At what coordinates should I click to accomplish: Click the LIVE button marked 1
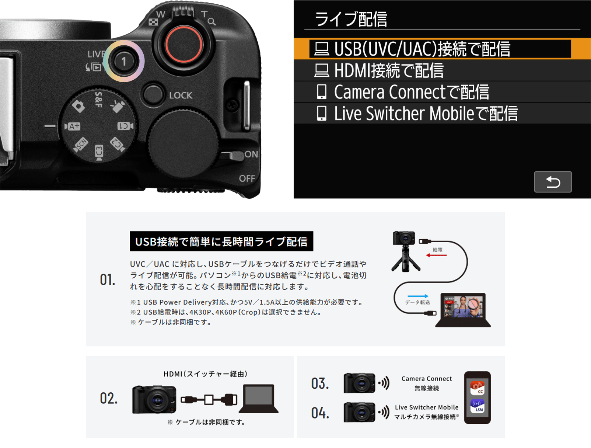(x=123, y=62)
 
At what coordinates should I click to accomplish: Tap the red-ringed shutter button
(x=184, y=45)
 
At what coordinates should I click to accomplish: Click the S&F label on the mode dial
(x=98, y=100)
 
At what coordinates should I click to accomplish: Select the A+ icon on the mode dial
(x=73, y=126)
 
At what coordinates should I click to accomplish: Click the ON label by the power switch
(x=251, y=154)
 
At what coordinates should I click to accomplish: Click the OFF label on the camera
(x=247, y=178)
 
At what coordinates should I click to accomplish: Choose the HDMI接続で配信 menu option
(x=379, y=70)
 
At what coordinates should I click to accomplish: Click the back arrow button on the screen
(x=553, y=182)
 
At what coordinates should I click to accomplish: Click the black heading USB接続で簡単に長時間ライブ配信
(x=221, y=242)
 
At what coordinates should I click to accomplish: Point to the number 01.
(x=108, y=279)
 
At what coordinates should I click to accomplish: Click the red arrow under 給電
(x=436, y=255)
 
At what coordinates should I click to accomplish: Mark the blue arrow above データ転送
(x=418, y=296)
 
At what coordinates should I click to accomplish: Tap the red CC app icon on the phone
(x=477, y=388)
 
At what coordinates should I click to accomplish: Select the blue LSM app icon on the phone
(x=477, y=406)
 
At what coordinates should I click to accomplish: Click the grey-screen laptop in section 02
(x=259, y=399)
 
